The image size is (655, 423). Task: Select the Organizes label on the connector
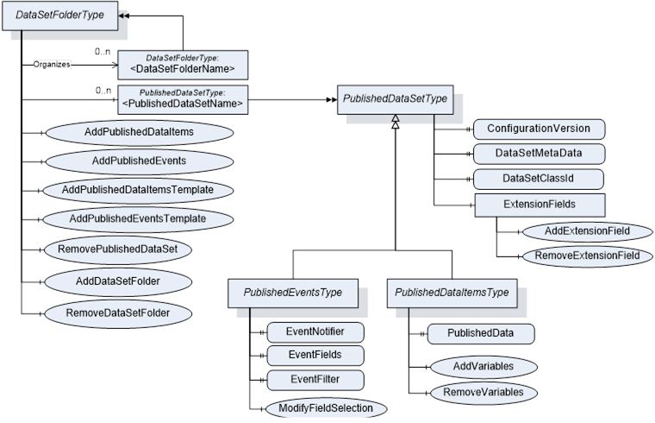(x=52, y=64)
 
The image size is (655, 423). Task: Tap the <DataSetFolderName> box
(x=182, y=64)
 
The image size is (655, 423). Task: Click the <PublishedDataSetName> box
(x=182, y=99)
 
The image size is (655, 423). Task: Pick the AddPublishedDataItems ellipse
(x=139, y=132)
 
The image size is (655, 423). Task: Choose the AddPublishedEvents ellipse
(x=139, y=161)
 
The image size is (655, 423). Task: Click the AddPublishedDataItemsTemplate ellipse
(x=139, y=189)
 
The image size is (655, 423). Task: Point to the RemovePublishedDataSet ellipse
(x=139, y=249)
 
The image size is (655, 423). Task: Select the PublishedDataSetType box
(x=395, y=99)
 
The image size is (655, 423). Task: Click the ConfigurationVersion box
(x=539, y=129)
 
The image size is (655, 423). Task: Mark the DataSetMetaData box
(x=539, y=154)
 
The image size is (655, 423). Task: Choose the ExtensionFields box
(x=539, y=205)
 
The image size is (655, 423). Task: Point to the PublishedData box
(x=480, y=333)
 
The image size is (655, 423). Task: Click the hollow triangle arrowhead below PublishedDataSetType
(x=395, y=126)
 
